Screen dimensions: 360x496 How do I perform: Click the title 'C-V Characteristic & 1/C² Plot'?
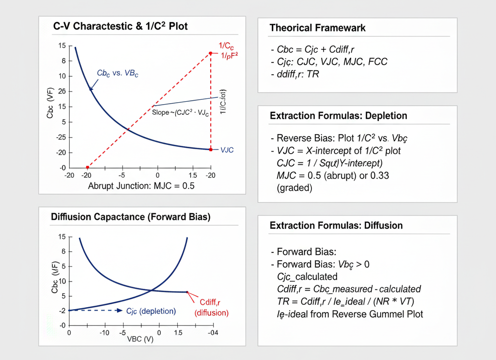click(120, 27)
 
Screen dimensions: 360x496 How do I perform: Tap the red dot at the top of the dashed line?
click(210, 53)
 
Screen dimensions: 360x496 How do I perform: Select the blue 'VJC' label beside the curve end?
click(227, 150)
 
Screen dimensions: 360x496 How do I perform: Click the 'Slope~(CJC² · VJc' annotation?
click(180, 113)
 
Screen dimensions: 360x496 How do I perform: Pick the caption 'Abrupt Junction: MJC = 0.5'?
click(141, 187)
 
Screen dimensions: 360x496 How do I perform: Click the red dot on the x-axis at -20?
click(87, 167)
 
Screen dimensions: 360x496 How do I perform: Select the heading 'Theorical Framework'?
click(317, 28)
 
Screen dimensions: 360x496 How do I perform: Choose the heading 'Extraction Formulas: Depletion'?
click(338, 116)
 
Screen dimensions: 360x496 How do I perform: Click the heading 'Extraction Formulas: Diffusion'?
click(336, 226)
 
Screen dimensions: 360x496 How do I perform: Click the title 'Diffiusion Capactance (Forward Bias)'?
click(131, 218)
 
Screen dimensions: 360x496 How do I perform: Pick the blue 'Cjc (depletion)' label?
click(150, 311)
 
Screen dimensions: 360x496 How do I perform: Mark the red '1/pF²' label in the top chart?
click(229, 56)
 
